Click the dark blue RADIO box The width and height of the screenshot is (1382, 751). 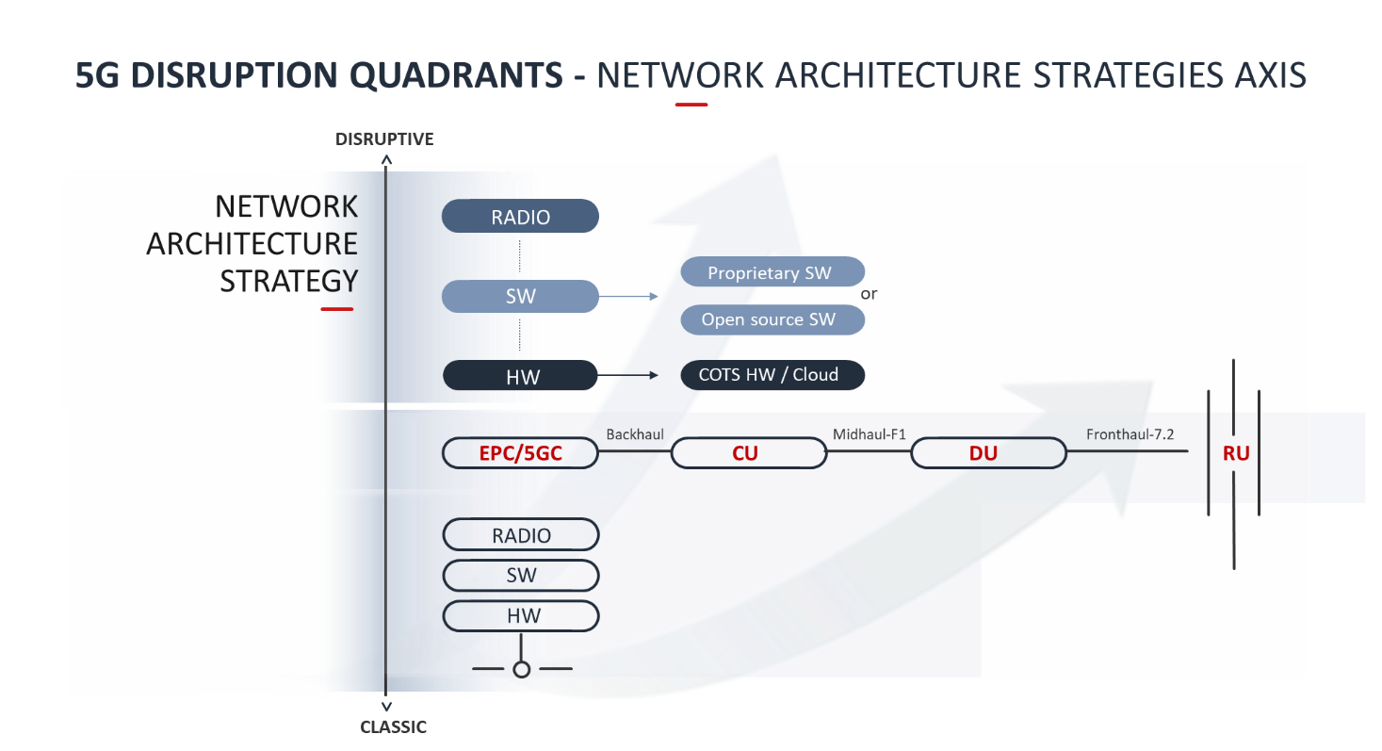[520, 217]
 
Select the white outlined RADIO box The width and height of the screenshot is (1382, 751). [520, 535]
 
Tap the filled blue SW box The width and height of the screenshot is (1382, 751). [520, 296]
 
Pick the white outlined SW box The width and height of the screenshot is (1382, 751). [520, 575]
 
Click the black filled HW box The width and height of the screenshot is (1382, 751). [520, 376]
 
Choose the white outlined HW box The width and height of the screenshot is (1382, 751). [520, 616]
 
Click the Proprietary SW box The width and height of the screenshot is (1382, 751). [772, 272]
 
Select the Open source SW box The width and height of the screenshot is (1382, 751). [772, 319]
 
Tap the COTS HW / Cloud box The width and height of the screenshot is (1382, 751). [772, 374]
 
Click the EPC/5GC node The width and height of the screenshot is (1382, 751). [520, 453]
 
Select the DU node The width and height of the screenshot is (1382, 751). [987, 453]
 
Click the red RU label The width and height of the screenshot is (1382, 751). [1235, 453]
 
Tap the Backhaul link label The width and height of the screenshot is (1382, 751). [635, 434]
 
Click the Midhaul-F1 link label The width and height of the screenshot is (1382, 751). [869, 434]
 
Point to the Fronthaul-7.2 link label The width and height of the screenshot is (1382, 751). [1130, 434]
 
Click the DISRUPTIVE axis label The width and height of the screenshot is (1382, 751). [384, 139]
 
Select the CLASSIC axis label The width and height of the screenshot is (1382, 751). [393, 727]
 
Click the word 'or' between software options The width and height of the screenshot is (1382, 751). [869, 294]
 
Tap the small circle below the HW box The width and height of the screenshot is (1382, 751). [521, 669]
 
